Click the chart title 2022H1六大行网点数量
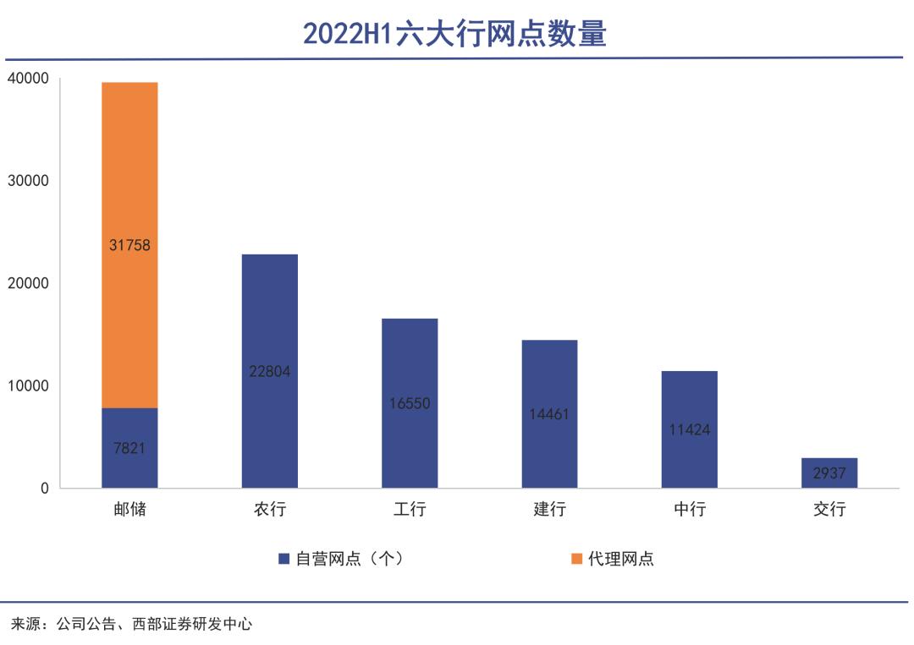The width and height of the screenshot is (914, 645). click(455, 34)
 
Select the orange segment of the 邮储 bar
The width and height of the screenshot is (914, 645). click(129, 169)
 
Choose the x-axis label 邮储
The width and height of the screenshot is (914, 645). click(129, 510)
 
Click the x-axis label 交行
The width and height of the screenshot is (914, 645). click(829, 510)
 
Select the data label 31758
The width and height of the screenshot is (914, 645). click(129, 245)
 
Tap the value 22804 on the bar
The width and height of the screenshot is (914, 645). click(270, 370)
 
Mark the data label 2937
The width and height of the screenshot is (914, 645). click(829, 473)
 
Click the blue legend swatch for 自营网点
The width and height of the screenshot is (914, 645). click(284, 559)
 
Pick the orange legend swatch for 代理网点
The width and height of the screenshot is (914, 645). click(577, 559)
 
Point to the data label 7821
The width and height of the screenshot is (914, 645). click(129, 448)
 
